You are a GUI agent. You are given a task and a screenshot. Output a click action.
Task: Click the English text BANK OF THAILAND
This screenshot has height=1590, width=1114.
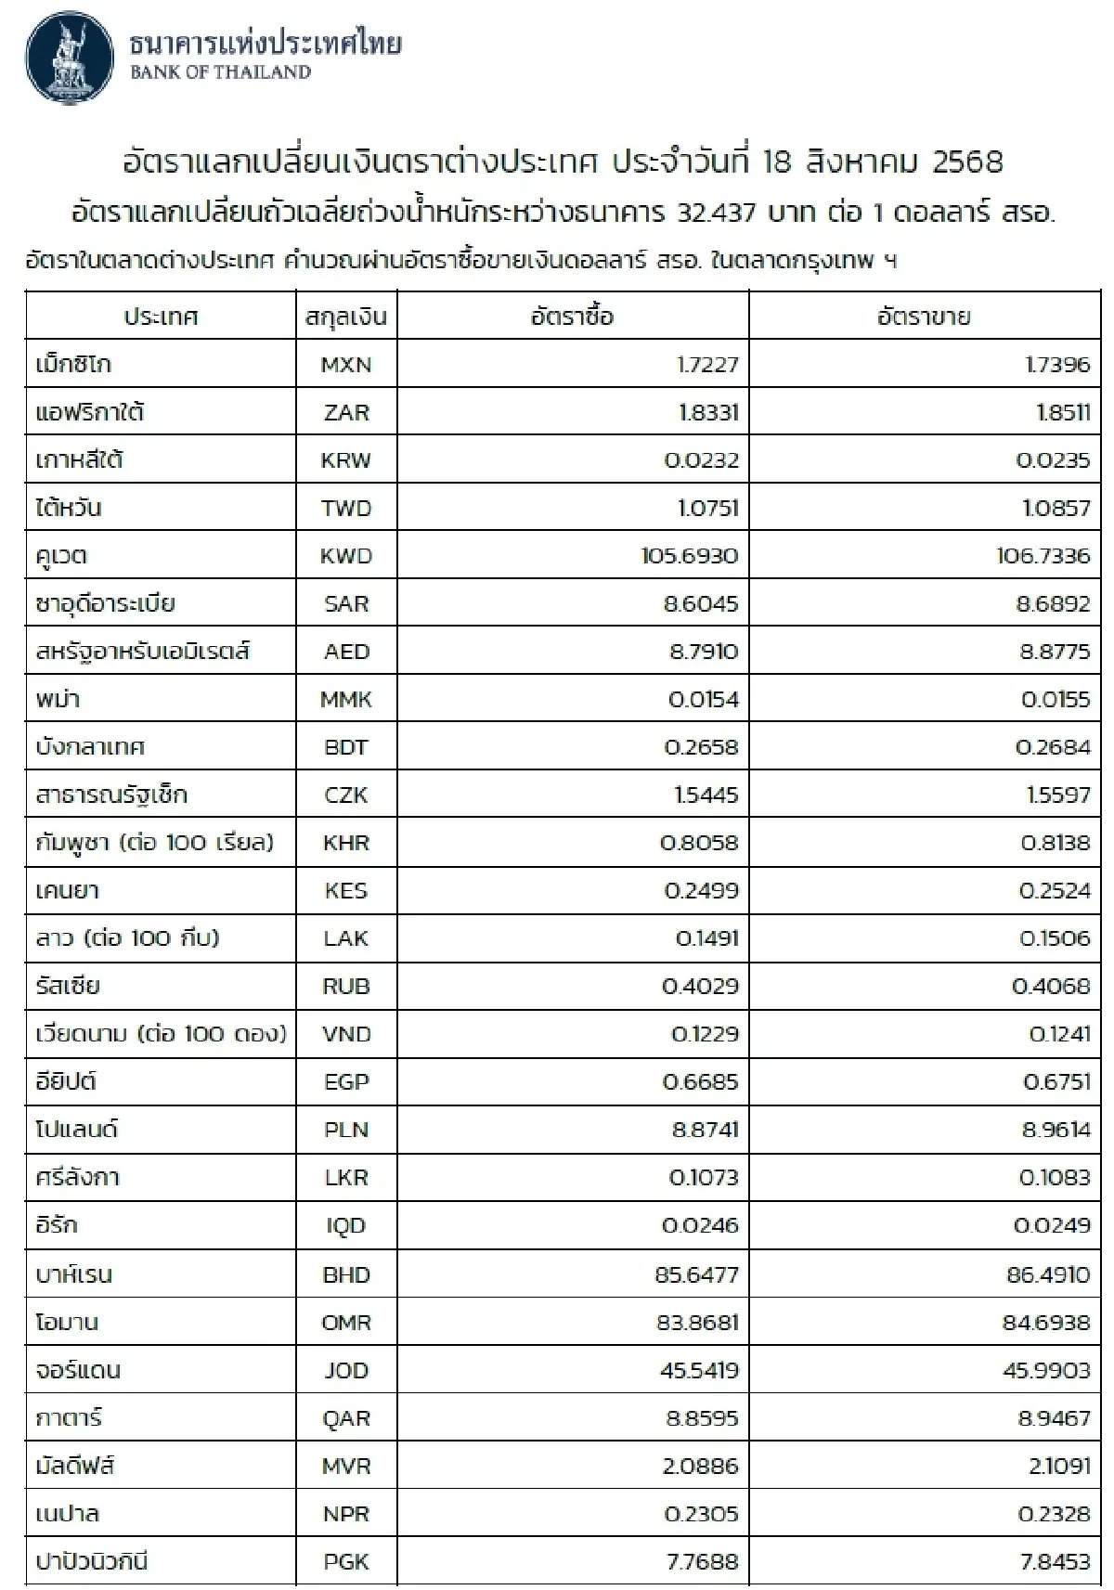[x=220, y=72]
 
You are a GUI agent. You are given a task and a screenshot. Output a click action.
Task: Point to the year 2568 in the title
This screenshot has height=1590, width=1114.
[x=967, y=162]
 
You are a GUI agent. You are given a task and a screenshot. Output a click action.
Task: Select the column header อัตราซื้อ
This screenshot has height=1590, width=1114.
[x=572, y=317]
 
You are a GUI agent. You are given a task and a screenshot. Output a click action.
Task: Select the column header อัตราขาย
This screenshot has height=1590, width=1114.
[x=924, y=317]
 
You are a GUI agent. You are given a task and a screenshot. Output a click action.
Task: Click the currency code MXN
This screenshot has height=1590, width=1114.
[x=345, y=364]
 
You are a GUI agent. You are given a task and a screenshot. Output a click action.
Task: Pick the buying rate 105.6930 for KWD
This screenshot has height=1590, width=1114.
[x=690, y=556]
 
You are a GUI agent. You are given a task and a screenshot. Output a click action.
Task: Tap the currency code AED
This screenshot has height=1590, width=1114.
[x=346, y=652]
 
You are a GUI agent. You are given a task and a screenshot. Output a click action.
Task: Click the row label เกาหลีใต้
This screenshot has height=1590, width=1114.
[x=80, y=459]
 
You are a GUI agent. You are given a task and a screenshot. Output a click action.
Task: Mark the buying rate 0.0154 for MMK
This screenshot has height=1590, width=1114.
[x=703, y=699]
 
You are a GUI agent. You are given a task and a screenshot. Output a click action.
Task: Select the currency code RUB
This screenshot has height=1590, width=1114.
[x=346, y=986]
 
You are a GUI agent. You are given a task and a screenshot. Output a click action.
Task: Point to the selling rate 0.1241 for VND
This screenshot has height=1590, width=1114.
[x=1059, y=1034]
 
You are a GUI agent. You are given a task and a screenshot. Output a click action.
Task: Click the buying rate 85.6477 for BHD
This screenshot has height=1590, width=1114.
[x=696, y=1274]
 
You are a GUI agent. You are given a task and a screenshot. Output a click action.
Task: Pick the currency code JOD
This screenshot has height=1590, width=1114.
[x=346, y=1370]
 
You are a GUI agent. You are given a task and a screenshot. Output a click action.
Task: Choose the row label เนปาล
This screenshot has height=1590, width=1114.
[x=68, y=1514]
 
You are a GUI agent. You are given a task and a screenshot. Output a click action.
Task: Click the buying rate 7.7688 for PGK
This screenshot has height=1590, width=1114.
[x=702, y=1561]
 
